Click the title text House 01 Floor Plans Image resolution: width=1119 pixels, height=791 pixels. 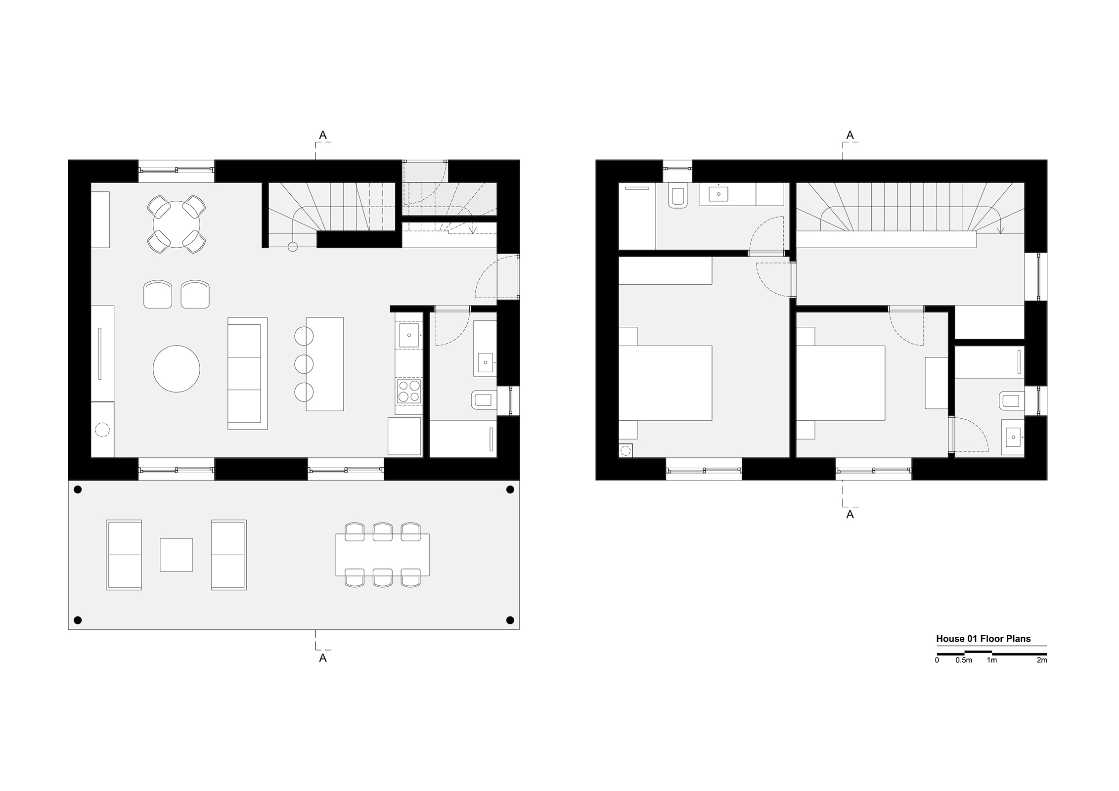tap(983, 639)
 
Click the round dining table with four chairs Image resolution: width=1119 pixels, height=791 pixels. tap(177, 224)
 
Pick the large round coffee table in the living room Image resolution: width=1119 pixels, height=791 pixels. tap(177, 369)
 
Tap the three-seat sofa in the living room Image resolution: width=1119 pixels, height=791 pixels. tap(247, 373)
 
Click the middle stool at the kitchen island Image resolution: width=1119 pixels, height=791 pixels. tap(304, 364)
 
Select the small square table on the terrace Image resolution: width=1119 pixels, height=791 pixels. tap(176, 555)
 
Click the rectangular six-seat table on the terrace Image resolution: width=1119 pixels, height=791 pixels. tap(382, 555)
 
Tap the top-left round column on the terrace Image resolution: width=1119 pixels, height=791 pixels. tap(77, 490)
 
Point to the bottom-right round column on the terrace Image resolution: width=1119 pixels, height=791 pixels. tap(510, 620)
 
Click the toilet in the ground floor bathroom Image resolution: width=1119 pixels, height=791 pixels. tap(484, 400)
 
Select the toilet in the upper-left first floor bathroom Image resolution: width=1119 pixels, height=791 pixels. tap(676, 196)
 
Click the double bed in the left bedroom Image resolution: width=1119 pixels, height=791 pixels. tap(665, 383)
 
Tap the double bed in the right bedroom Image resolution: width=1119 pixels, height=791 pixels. tap(840, 383)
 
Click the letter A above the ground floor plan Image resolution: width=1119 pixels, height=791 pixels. tap(322, 135)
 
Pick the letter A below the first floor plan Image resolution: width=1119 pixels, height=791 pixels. tap(850, 515)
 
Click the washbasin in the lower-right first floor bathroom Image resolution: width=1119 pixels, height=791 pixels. tap(1013, 437)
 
